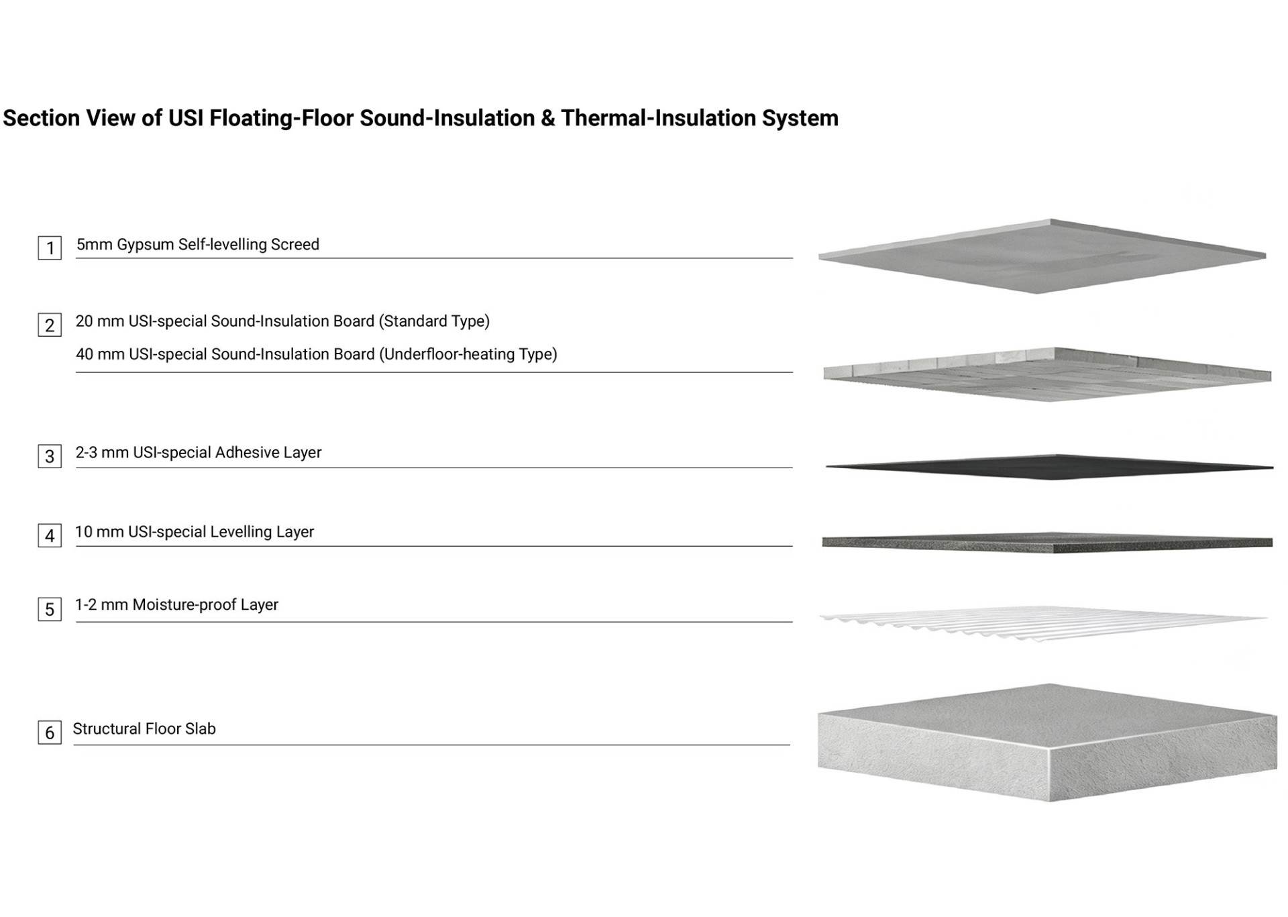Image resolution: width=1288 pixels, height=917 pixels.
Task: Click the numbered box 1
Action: click(50, 248)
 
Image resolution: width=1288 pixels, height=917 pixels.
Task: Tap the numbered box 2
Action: click(50, 325)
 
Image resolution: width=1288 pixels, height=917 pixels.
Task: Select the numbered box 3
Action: click(50, 456)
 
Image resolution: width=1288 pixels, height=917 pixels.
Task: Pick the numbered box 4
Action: click(50, 535)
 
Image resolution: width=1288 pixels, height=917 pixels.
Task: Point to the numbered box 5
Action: click(50, 609)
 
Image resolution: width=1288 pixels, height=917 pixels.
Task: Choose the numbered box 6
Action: click(50, 732)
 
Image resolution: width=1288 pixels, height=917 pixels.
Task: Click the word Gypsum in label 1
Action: click(146, 245)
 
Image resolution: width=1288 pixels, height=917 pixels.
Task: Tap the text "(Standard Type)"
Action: click(434, 321)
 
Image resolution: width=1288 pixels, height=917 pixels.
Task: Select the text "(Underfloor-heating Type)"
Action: click(468, 354)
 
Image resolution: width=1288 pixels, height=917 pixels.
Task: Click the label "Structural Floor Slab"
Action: click(144, 729)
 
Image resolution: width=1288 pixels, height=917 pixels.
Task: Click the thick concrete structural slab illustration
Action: click(1047, 743)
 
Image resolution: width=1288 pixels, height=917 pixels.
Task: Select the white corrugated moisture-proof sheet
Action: click(1043, 623)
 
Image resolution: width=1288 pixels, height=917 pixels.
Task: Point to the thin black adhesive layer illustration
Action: click(1049, 467)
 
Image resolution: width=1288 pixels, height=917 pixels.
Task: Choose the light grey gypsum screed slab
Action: click(1042, 256)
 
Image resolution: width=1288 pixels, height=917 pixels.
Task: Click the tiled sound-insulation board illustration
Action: click(1047, 374)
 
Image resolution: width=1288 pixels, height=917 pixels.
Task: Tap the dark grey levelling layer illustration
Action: click(1047, 542)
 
